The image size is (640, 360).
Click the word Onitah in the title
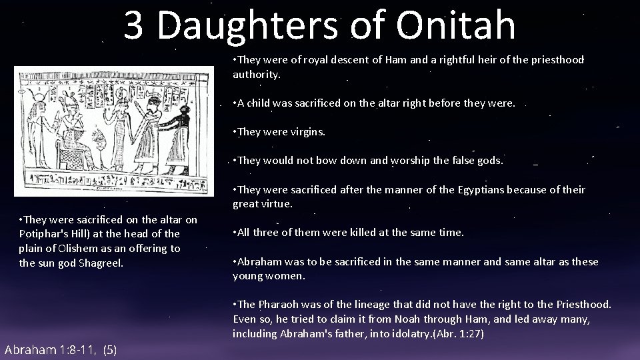click(455, 25)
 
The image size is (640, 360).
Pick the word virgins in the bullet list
click(307, 132)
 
